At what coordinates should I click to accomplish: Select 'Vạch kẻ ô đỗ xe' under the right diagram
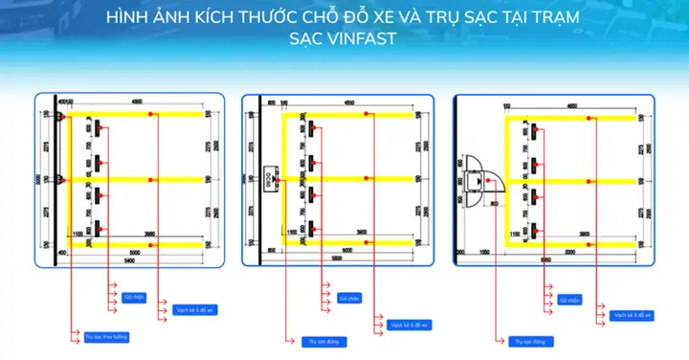pos(633,315)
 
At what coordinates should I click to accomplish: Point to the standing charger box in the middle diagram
pos(270,177)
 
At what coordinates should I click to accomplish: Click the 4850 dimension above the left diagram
pos(137,101)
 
